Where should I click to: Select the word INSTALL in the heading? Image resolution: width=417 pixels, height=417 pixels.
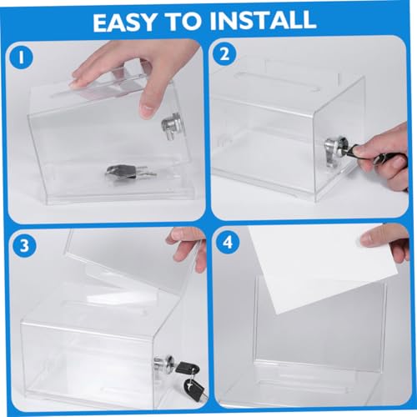[x=264, y=21]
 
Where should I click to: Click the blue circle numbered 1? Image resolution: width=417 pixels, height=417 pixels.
[x=21, y=58]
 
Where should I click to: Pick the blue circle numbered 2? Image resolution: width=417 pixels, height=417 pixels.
[x=224, y=54]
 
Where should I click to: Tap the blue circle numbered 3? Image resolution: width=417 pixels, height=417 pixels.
[x=24, y=246]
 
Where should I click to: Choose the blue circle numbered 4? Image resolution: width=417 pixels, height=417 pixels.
[x=228, y=242]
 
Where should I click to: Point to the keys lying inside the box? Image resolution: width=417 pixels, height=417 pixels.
[x=130, y=172]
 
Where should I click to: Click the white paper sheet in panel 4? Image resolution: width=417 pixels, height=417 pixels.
[x=319, y=267]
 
